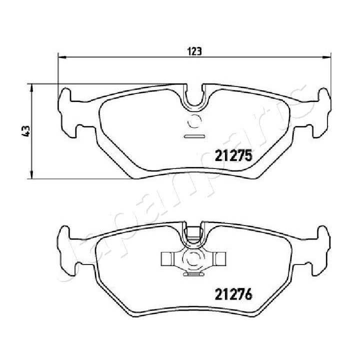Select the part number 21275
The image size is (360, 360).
(x=232, y=156)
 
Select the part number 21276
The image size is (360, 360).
(x=232, y=295)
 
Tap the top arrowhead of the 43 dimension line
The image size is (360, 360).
(x=32, y=87)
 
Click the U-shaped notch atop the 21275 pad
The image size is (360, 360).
(x=194, y=97)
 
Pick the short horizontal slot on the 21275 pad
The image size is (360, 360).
(x=194, y=135)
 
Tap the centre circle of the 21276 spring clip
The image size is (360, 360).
(x=194, y=258)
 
